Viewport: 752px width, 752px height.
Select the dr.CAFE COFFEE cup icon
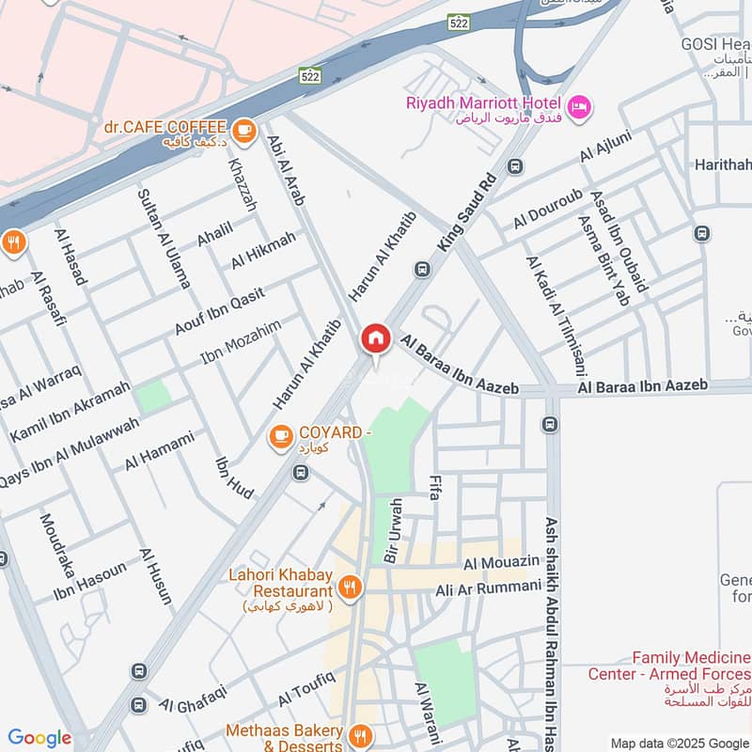tap(244, 131)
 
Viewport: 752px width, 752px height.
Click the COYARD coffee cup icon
tap(280, 435)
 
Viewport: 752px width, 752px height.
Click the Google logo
tap(39, 738)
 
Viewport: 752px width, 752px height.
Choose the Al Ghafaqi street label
tap(194, 699)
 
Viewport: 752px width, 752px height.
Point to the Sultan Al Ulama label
tap(164, 238)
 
